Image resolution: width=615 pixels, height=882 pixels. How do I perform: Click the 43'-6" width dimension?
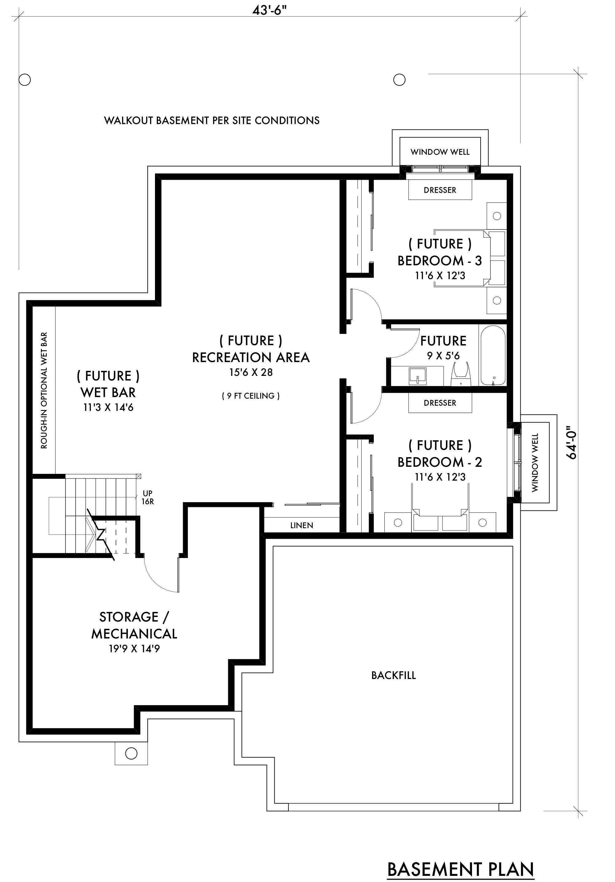(269, 10)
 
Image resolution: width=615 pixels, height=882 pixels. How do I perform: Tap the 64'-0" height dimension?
(572, 444)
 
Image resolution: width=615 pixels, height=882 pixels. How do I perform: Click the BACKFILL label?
(394, 675)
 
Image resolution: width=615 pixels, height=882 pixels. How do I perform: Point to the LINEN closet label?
(302, 525)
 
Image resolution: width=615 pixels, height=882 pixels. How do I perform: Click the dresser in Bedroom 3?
(440, 190)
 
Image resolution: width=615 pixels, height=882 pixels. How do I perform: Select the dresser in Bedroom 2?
(440, 403)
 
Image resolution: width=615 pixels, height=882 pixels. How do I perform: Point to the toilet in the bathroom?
(461, 374)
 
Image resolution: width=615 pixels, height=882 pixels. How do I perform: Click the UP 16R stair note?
(148, 497)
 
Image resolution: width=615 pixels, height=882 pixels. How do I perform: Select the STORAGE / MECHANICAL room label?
(134, 625)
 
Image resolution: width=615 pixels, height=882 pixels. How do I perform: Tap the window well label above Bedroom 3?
(440, 152)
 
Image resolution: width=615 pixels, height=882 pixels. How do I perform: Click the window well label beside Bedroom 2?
(535, 462)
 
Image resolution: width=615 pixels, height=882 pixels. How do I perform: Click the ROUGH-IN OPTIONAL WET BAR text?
(44, 390)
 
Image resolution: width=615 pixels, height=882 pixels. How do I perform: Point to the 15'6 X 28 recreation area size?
(251, 372)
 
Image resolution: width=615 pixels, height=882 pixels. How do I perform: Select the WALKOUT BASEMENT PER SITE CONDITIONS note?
(212, 121)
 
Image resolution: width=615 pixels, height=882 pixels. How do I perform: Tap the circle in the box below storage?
(131, 753)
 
